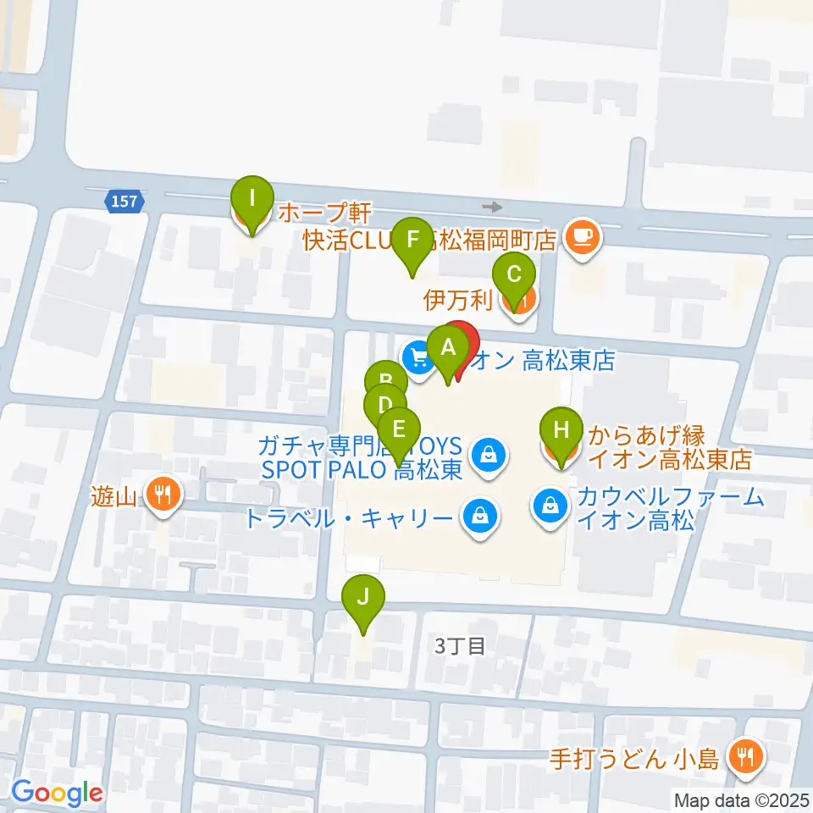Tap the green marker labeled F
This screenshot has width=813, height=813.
(412, 240)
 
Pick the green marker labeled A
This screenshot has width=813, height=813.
(446, 346)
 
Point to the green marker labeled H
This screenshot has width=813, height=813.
(560, 428)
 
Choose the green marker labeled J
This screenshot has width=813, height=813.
(362, 599)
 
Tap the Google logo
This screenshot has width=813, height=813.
(57, 793)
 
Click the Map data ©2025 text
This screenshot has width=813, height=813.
(742, 799)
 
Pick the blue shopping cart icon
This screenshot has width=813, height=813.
(418, 357)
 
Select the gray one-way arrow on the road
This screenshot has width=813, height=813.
(491, 207)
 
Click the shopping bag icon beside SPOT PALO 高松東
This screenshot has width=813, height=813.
(488, 456)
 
